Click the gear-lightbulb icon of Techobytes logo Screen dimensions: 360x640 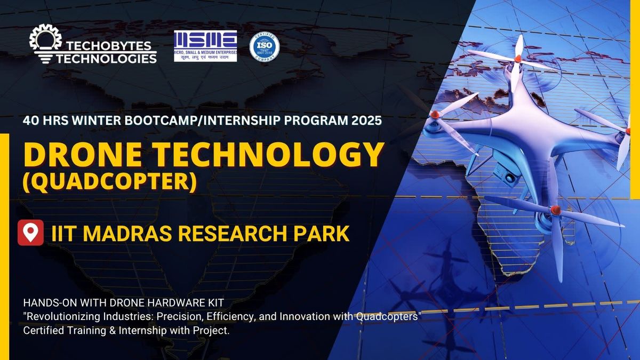pos(46,43)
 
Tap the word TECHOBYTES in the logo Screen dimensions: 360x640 pos(110,45)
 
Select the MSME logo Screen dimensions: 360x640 pos(205,45)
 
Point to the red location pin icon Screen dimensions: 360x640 pos(30,233)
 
